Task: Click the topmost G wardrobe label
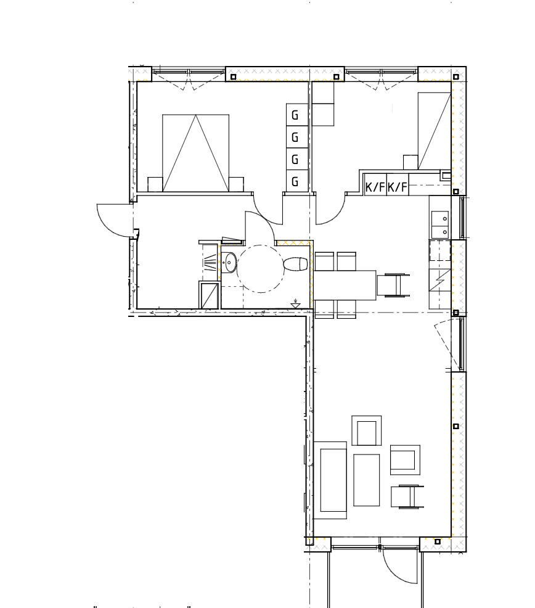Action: tap(295, 115)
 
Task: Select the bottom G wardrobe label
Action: tap(295, 181)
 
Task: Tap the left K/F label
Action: tap(375, 187)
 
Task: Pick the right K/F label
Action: tap(398, 187)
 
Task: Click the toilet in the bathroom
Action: tap(296, 265)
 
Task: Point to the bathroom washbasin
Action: tap(230, 263)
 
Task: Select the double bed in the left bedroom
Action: tap(195, 153)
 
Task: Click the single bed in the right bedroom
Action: tap(434, 131)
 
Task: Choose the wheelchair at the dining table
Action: tap(393, 285)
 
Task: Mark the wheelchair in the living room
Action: tap(407, 497)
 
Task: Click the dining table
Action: tap(345, 286)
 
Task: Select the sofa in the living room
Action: tap(330, 480)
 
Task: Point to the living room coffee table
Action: tap(366, 480)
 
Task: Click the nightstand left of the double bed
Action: tap(155, 184)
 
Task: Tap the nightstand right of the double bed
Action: tap(236, 184)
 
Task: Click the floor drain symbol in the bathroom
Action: tap(295, 305)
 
